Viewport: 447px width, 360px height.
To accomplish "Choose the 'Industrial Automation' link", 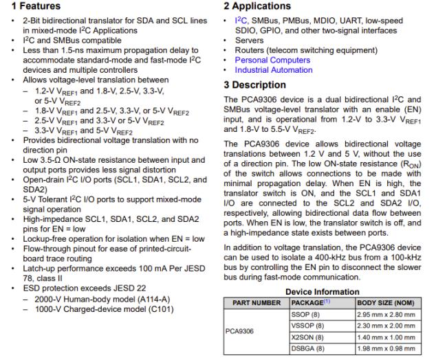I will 274,70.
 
